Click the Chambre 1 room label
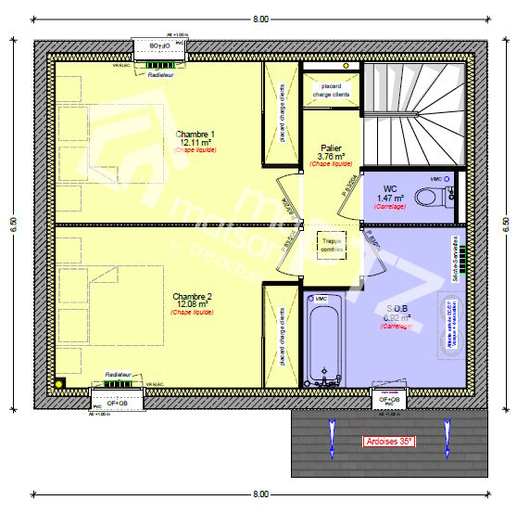click(x=195, y=135)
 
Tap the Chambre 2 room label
click(x=193, y=297)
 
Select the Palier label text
click(x=331, y=148)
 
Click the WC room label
click(x=389, y=188)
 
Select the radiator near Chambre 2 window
click(x=117, y=381)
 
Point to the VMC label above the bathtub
click(x=322, y=299)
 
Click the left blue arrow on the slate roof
click(x=329, y=436)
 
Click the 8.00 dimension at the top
click(x=260, y=19)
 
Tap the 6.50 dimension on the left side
click(x=13, y=224)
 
